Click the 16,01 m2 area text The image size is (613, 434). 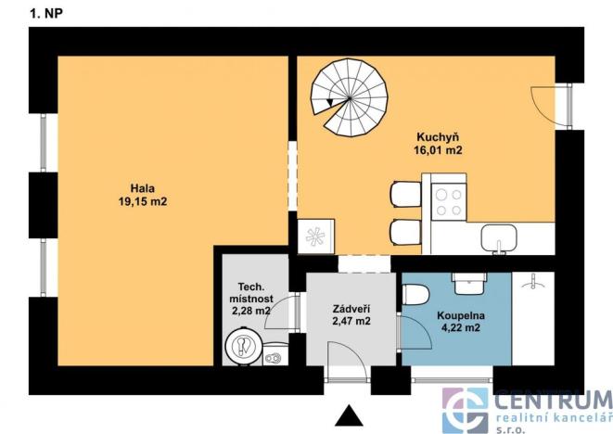pyautogui.click(x=439, y=149)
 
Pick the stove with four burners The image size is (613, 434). pyautogui.click(x=449, y=202)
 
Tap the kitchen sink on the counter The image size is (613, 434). pyautogui.click(x=499, y=238)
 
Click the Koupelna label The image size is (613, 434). pyautogui.click(x=457, y=313)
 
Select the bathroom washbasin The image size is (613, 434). pyautogui.click(x=464, y=281)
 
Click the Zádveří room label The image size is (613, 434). pyautogui.click(x=351, y=308)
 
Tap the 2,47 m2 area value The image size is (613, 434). pyautogui.click(x=351, y=322)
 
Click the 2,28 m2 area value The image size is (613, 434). pyautogui.click(x=249, y=312)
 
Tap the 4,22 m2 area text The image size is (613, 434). pyautogui.click(x=458, y=327)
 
